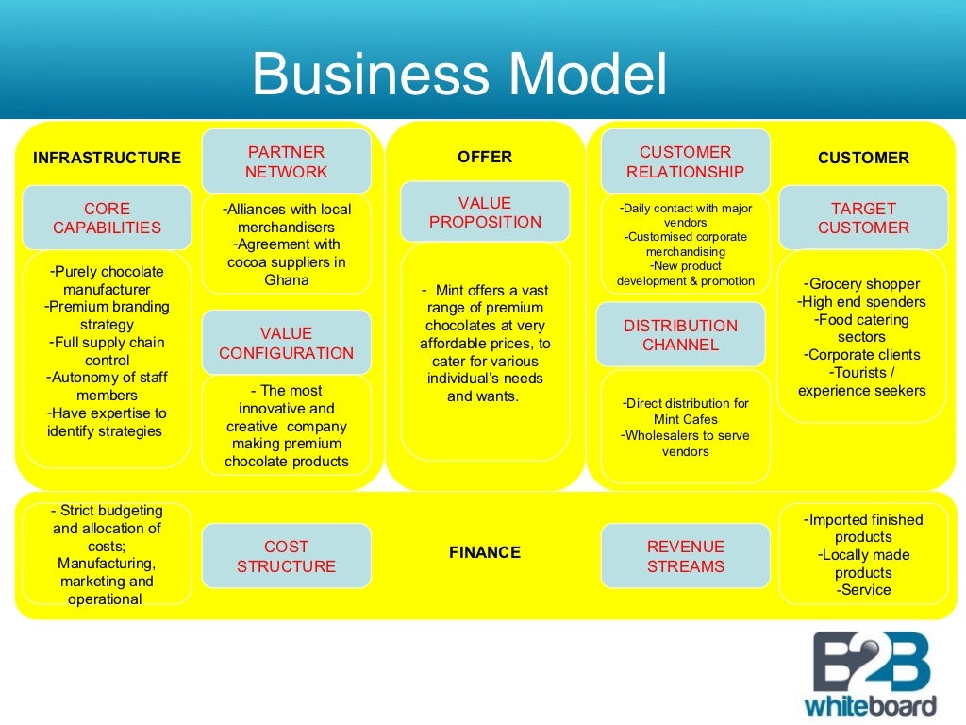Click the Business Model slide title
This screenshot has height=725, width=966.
459,75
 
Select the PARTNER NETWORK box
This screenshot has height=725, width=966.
286,161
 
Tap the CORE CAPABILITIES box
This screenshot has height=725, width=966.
107,218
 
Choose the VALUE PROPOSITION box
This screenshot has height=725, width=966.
485,212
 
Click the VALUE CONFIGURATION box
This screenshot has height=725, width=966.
286,343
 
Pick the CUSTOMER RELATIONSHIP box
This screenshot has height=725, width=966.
685,161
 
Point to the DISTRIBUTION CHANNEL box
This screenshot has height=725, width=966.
680,335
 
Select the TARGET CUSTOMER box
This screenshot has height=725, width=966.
863,218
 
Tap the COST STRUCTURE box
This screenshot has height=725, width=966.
286,556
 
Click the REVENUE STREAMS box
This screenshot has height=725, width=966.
685,556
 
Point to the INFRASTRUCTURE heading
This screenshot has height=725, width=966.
107,158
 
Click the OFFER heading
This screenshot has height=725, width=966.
485,157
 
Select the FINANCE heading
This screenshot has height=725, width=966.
485,552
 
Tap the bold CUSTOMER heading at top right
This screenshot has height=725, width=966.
863,158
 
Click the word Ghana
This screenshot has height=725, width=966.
287,279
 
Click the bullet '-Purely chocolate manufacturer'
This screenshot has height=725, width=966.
107,280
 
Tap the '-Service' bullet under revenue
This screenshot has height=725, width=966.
863,590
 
